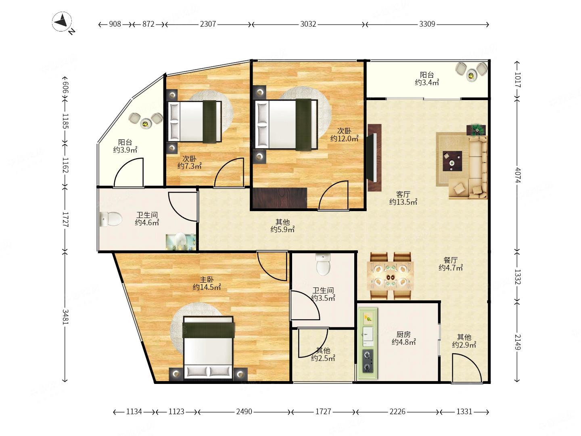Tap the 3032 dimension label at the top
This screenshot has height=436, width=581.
point(308,24)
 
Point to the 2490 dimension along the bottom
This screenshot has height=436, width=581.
point(244,411)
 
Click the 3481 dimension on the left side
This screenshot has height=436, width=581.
point(65,317)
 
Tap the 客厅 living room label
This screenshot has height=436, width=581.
point(403,194)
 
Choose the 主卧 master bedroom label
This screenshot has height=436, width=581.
point(207,279)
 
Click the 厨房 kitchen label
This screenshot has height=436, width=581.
point(403,334)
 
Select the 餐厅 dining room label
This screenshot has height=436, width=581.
point(450,260)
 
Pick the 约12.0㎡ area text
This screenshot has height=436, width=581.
point(344,138)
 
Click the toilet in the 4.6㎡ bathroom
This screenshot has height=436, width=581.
point(111,219)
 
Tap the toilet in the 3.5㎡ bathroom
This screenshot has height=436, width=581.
point(323,264)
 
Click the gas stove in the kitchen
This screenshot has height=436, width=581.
point(368,361)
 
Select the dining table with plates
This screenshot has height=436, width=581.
point(390,277)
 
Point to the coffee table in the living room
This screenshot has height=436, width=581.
point(452,161)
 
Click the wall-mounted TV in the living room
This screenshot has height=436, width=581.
point(374,157)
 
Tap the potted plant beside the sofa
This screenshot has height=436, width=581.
point(477,129)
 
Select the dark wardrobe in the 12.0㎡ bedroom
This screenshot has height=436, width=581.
point(280,198)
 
